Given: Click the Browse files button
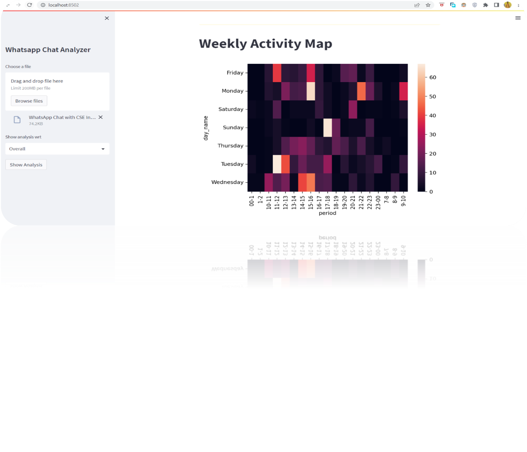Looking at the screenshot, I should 29,101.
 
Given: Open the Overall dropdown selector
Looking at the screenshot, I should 57,149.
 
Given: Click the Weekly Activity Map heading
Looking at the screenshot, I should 265,43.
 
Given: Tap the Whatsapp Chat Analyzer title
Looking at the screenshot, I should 48,50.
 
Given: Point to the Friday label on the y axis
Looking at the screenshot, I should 235,73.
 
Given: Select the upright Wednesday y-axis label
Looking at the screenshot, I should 227,182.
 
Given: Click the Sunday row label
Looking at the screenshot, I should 233,127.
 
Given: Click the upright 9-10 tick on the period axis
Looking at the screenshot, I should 403,201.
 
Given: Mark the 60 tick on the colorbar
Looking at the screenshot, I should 433,77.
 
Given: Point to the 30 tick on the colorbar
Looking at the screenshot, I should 433,134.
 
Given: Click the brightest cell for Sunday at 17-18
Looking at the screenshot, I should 327,127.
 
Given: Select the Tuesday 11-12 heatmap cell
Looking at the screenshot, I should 277,164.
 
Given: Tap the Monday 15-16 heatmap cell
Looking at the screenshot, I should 311,91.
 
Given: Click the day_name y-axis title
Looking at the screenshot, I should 206,128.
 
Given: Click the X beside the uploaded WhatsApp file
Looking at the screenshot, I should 101,117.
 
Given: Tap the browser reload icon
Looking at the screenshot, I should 29,5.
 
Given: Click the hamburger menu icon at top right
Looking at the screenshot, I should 518,18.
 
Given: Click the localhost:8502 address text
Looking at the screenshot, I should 64,5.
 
